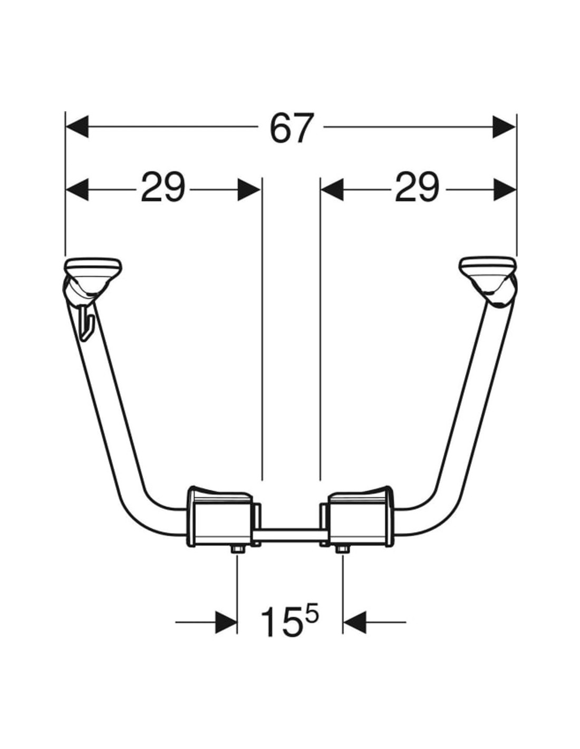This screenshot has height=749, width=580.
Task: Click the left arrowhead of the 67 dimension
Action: (77, 127)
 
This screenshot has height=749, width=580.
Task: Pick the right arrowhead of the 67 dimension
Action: (505, 127)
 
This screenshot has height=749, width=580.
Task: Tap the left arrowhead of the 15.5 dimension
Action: (226, 622)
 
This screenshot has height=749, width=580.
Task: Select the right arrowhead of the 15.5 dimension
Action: (354, 622)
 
